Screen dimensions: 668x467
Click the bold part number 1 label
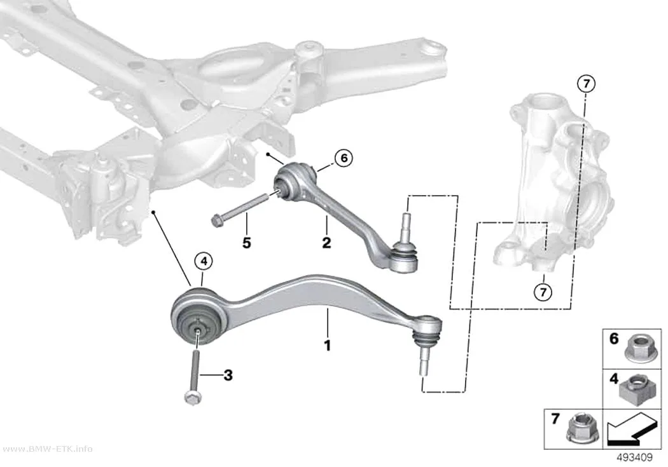click(327, 346)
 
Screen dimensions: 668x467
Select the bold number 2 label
click(326, 243)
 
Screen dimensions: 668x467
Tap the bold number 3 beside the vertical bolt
click(228, 375)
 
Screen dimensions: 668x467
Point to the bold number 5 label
click(247, 243)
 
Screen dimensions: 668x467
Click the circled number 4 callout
click(204, 261)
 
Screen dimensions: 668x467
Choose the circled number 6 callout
click(344, 158)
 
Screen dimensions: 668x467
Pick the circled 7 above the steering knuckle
click(586, 84)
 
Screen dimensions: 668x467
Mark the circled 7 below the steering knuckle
click(543, 292)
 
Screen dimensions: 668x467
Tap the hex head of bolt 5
click(216, 220)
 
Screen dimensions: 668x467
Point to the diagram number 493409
click(634, 457)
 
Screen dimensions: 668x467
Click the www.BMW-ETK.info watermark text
click(46, 449)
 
